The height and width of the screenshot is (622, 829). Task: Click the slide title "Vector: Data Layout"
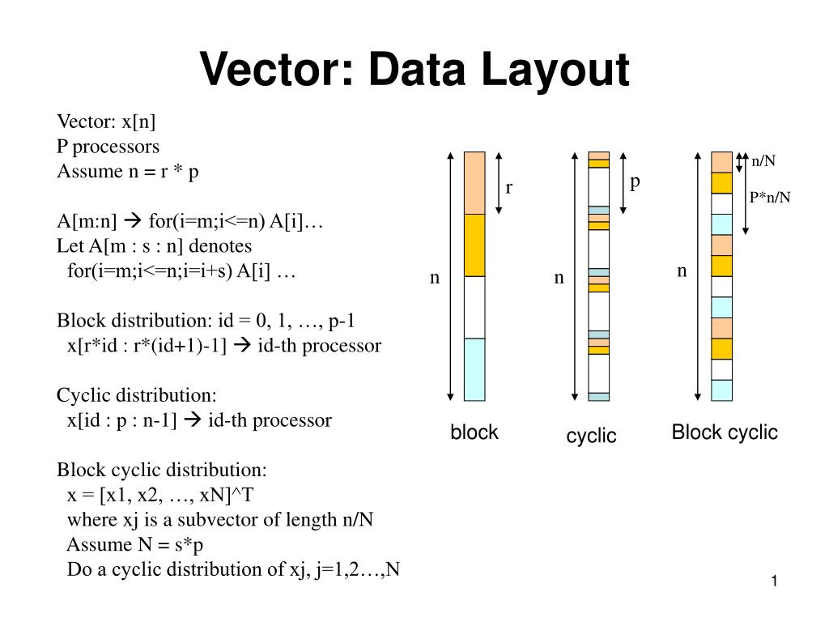coord(414,69)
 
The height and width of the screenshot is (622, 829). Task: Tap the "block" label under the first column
coord(474,432)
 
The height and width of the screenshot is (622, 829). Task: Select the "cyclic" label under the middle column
coord(591,436)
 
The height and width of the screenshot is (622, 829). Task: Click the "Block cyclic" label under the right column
coord(725,432)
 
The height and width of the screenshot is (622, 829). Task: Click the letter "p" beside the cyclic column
coord(636,181)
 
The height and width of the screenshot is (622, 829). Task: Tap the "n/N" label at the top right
coord(763,160)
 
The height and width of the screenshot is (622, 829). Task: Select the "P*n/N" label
coord(769,197)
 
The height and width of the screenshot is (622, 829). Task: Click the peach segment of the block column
coord(474,183)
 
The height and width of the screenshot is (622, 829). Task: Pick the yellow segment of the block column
coord(474,245)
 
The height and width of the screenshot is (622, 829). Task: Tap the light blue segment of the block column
coord(474,369)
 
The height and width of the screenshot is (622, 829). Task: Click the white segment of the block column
coord(474,307)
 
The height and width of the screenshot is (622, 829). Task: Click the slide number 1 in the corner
coord(774,582)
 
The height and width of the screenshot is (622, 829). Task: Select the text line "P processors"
coord(108,147)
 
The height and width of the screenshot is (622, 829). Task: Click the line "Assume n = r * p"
coord(128,172)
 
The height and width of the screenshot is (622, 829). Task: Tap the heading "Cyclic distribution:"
coord(137,395)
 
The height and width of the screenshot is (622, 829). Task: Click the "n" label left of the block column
coord(435,278)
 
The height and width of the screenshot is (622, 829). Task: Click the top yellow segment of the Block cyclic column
coord(721,183)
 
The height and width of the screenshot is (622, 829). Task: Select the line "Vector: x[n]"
coord(106,121)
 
